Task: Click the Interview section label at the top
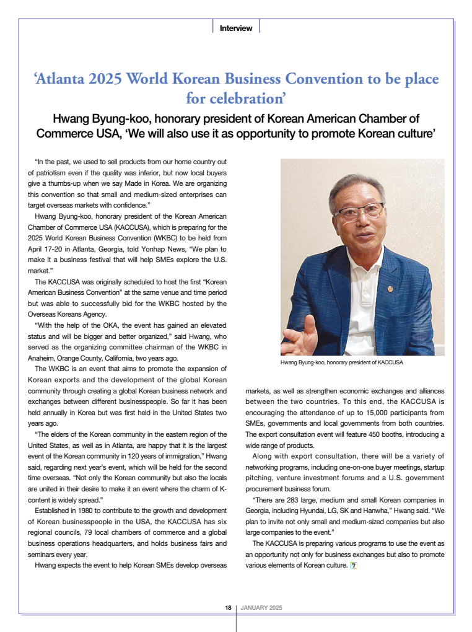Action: [x=236, y=28]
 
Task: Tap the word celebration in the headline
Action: [x=244, y=98]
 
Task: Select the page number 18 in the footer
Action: [x=229, y=607]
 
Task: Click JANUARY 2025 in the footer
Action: [x=261, y=607]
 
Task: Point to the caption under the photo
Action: [x=341, y=362]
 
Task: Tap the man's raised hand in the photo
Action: [x=299, y=335]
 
